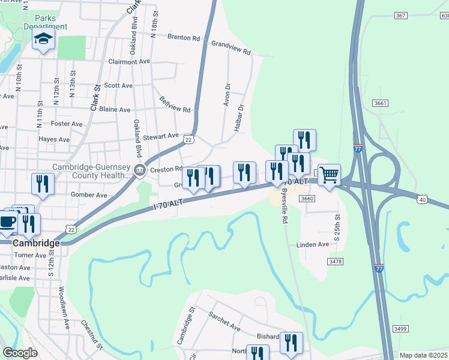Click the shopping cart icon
(x=329, y=175)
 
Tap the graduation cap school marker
(x=43, y=40)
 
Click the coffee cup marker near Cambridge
(x=7, y=221)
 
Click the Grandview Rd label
(x=231, y=47)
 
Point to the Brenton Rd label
(x=184, y=37)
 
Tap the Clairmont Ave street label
(x=129, y=61)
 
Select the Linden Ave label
(x=313, y=244)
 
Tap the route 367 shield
(x=401, y=15)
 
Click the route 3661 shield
(x=379, y=103)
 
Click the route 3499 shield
(x=400, y=328)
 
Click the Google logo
(x=20, y=353)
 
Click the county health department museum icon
(x=140, y=170)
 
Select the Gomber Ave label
(x=88, y=195)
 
